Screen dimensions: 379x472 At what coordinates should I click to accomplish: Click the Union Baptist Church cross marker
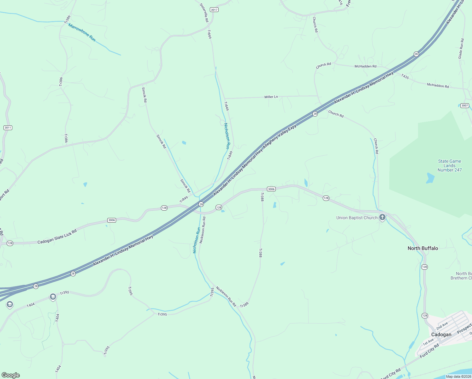pos(382,217)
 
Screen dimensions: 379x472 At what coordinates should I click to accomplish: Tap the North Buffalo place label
pos(423,248)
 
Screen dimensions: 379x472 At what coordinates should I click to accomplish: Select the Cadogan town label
pos(441,334)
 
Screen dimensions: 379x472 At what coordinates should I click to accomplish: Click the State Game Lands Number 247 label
pos(450,165)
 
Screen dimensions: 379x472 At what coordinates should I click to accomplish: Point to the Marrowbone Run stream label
pos(82,32)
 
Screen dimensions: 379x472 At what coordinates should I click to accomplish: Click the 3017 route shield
pos(214,10)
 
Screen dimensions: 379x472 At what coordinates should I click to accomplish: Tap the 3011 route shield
pos(8,128)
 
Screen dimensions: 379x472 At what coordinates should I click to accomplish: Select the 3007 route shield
pos(464,105)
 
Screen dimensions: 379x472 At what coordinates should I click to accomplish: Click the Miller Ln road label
pos(271,97)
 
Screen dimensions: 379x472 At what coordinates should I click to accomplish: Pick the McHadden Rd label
pos(365,66)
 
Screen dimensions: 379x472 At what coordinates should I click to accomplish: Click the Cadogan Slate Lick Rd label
pos(57,237)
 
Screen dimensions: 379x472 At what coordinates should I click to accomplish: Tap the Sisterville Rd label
pos(204,13)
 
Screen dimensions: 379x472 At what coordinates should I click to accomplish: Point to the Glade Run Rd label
pos(461,48)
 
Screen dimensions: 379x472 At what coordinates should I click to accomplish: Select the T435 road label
pos(405,76)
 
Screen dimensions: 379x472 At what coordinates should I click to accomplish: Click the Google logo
pos(10,375)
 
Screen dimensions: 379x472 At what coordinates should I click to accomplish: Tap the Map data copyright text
pos(458,376)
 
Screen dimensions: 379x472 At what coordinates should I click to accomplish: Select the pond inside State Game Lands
pos(430,178)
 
